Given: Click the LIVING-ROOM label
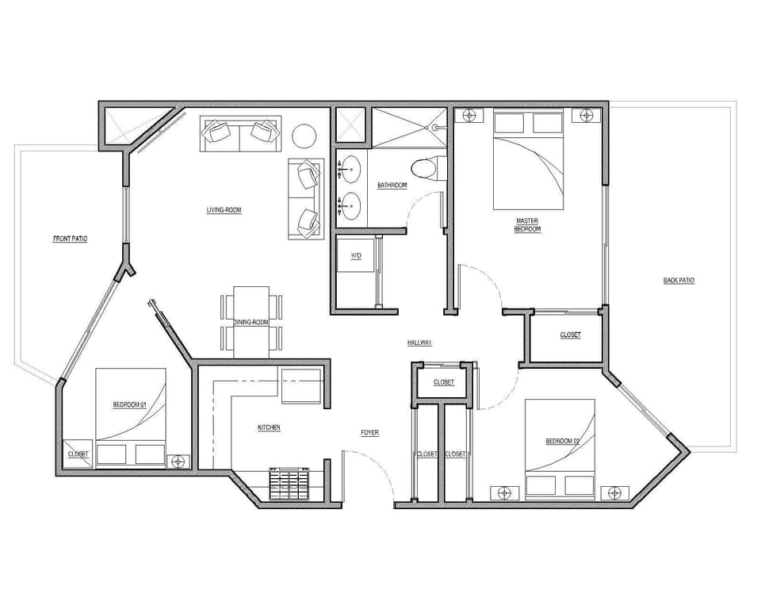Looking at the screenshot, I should [224, 210].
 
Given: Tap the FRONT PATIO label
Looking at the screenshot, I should [70, 239].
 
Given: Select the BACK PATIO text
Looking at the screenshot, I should [679, 281].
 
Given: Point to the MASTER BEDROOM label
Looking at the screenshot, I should [528, 225].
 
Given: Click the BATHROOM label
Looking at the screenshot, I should [392, 186].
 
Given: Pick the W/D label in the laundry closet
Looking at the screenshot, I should [356, 256].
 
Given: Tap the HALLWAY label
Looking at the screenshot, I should [419, 343].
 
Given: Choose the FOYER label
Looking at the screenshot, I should [369, 433].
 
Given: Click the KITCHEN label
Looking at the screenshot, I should [269, 427].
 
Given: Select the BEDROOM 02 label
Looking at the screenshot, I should [563, 441].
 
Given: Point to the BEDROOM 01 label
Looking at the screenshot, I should [130, 404].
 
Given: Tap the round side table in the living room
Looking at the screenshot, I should [304, 136].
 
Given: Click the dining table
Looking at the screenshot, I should [251, 321].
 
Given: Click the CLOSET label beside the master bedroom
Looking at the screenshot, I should [570, 335].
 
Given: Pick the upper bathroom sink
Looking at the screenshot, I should [349, 169].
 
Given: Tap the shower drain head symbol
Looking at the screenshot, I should [434, 127].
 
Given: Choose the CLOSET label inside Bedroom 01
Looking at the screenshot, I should [78, 454].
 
